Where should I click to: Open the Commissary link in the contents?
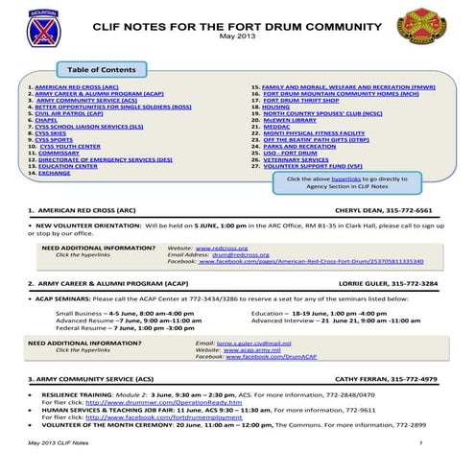pos(58,152)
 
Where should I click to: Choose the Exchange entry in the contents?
pos(54,174)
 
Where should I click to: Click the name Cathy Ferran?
pos(358,380)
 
